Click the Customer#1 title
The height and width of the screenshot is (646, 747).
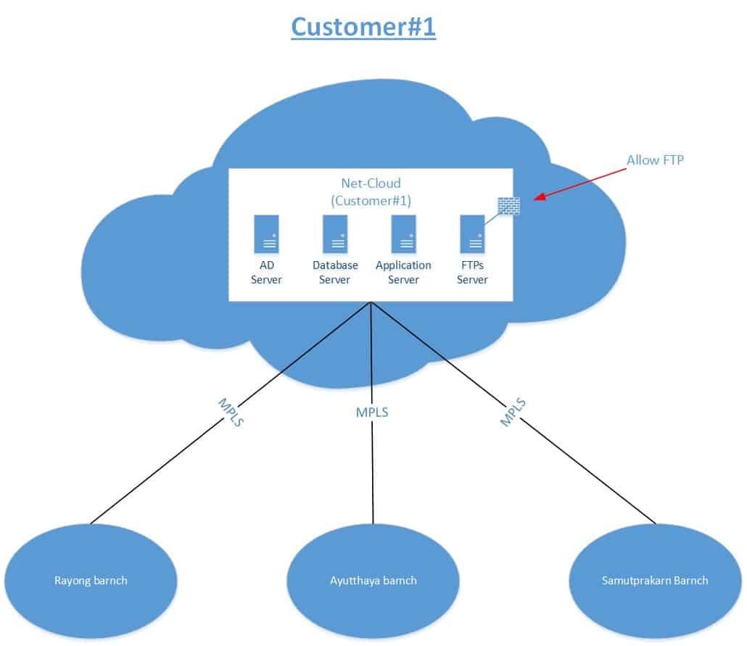(x=363, y=27)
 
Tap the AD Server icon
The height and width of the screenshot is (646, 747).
(x=266, y=233)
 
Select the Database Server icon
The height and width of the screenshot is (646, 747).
(x=335, y=233)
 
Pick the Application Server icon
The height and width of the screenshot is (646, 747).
(x=403, y=233)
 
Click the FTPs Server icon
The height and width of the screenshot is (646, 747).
(x=472, y=233)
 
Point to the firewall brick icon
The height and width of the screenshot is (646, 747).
(x=508, y=206)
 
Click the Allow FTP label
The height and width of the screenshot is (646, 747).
(x=655, y=160)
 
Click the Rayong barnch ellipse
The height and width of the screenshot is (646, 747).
(x=91, y=580)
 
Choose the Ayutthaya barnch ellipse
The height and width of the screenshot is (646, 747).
(x=373, y=580)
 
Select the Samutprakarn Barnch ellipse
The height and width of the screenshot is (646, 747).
(x=655, y=580)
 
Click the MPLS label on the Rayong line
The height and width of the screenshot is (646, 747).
(x=229, y=412)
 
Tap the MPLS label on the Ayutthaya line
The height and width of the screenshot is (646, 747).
(x=372, y=413)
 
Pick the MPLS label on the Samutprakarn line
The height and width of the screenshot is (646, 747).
(x=513, y=411)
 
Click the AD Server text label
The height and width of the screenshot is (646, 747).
(x=266, y=273)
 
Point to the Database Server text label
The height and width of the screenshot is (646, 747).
(x=335, y=273)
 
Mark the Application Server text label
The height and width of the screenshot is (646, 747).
(x=403, y=273)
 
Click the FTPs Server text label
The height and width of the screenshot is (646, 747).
(x=472, y=273)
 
